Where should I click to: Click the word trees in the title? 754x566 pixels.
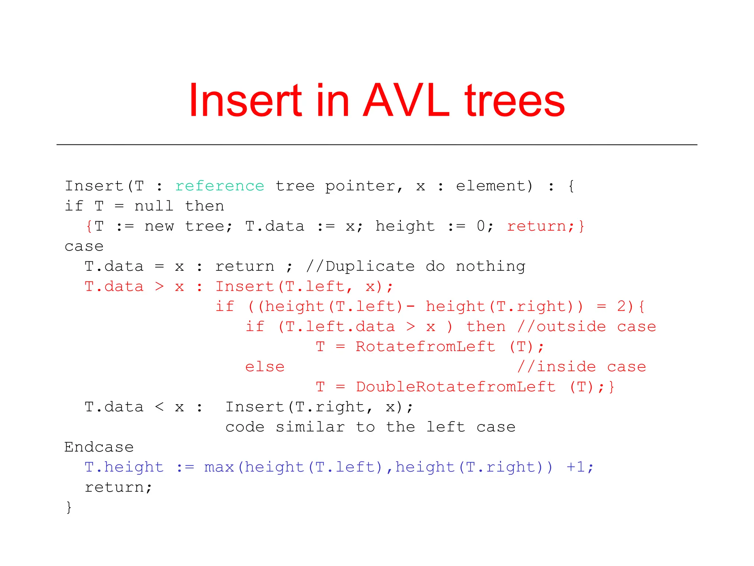(514, 101)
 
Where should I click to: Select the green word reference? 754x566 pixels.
(219, 186)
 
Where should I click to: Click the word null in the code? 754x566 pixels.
(154, 206)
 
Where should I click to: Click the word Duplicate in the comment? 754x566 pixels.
(370, 266)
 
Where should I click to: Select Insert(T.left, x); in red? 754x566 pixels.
(304, 287)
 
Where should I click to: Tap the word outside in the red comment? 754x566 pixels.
(571, 327)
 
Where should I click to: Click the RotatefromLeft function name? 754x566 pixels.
(425, 347)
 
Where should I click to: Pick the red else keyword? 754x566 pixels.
(265, 367)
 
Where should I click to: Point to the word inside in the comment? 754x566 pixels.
(566, 367)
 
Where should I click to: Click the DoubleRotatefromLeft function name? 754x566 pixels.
(455, 387)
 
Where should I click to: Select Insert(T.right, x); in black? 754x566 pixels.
(319, 407)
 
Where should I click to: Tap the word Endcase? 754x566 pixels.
(99, 447)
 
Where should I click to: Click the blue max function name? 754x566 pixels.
(219, 467)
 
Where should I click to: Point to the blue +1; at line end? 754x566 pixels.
(580, 467)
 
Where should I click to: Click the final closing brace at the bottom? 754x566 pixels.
(69, 507)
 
